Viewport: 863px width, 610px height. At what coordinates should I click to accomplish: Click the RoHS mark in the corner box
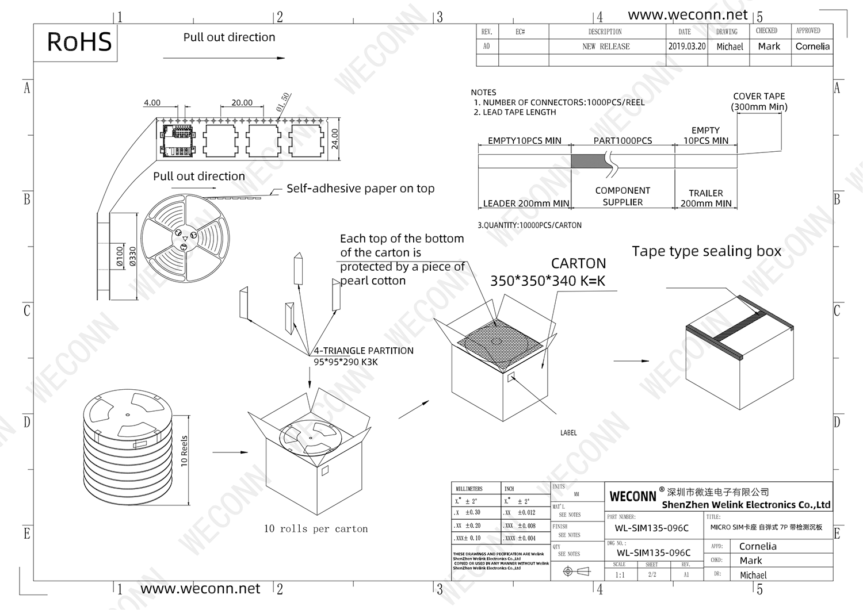(x=79, y=42)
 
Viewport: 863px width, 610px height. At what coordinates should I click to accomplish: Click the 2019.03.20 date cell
(x=687, y=47)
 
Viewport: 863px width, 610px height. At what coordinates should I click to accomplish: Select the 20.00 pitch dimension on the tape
(x=242, y=103)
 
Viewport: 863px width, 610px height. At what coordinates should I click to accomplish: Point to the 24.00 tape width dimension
(x=335, y=139)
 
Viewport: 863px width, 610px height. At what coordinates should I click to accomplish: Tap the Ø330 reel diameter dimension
(x=133, y=256)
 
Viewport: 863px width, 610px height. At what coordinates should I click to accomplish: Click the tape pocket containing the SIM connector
(x=178, y=140)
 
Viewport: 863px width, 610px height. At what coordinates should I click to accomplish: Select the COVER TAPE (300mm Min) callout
(x=759, y=101)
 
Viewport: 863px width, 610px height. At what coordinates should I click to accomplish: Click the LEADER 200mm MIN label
(x=526, y=204)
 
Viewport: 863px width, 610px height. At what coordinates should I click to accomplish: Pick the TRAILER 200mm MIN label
(x=706, y=198)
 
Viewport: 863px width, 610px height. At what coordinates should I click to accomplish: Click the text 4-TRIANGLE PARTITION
(x=364, y=351)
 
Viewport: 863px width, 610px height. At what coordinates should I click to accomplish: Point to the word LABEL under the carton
(x=568, y=433)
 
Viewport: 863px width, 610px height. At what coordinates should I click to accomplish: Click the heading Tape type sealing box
(x=707, y=251)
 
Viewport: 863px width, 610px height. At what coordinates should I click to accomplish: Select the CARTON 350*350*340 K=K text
(x=548, y=273)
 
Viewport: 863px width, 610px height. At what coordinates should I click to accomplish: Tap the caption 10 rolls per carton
(x=316, y=529)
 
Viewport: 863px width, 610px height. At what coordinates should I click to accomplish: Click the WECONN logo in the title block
(x=633, y=496)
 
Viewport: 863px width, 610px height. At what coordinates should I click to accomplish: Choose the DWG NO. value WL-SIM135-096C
(x=652, y=553)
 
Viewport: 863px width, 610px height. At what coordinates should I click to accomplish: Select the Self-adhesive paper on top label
(x=360, y=189)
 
